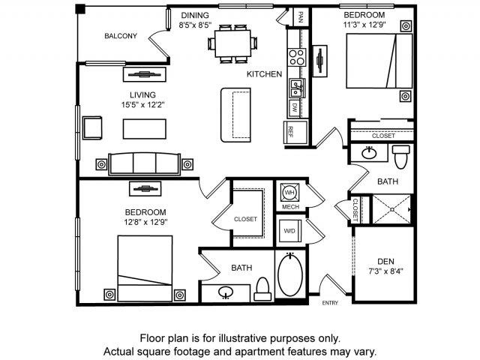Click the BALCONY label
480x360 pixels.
(x=120, y=36)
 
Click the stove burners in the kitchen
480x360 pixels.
(x=296, y=58)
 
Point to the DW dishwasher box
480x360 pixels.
(x=295, y=108)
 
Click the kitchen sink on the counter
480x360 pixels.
(x=296, y=88)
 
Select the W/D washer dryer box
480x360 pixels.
(x=289, y=229)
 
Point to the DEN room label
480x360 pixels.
(x=385, y=261)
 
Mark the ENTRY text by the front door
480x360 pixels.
(x=331, y=303)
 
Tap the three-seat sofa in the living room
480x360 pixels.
(x=145, y=163)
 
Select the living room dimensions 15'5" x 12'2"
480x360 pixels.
(x=142, y=105)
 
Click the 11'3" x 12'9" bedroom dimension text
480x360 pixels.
(x=364, y=24)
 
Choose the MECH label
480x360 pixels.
(x=290, y=206)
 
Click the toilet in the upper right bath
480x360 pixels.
(x=400, y=156)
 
